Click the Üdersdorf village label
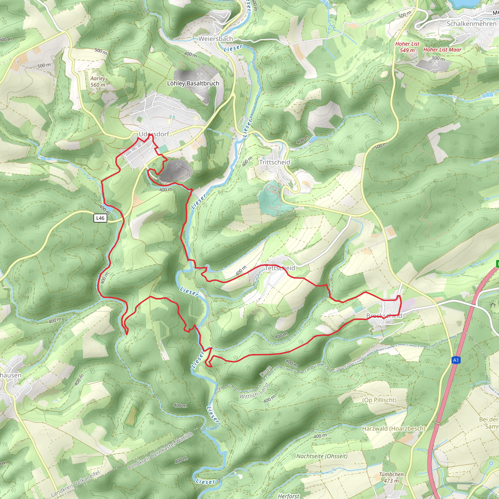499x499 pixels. [x=154, y=134]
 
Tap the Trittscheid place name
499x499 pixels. [x=275, y=162]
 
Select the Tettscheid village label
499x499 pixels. [x=280, y=268]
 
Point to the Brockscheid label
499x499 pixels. [x=384, y=315]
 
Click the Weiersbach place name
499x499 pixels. [x=216, y=39]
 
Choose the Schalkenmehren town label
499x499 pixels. [x=471, y=24]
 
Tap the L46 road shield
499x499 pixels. [x=100, y=218]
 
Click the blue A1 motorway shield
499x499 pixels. [x=456, y=360]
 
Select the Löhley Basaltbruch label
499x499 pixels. [x=193, y=83]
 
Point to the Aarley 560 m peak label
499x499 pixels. [x=98, y=81]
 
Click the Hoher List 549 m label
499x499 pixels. [x=407, y=47]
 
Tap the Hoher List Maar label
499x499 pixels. [x=442, y=50]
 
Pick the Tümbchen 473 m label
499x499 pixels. [x=391, y=478]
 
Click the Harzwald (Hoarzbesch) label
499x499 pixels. [x=393, y=429]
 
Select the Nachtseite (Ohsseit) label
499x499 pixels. [x=322, y=456]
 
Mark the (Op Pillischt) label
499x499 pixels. [x=379, y=400]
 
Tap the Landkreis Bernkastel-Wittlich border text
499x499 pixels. [x=160, y=451]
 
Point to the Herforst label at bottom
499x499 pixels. [x=288, y=496]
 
